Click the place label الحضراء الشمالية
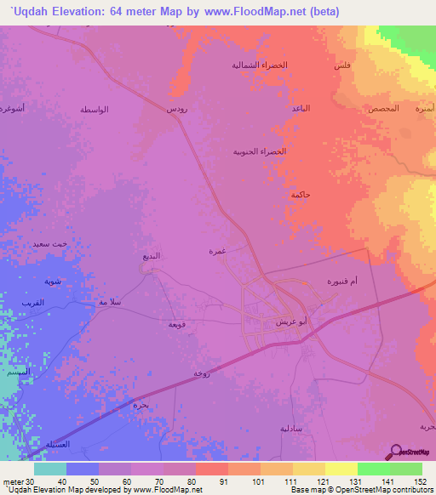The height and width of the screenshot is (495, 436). [261, 65]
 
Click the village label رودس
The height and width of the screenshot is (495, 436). [177, 109]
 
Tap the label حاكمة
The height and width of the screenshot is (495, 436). [300, 195]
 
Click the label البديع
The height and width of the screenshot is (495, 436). [150, 255]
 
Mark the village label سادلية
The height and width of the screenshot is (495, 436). [294, 428]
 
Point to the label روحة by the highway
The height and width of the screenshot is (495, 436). [201, 373]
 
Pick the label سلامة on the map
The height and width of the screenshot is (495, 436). [111, 302]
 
